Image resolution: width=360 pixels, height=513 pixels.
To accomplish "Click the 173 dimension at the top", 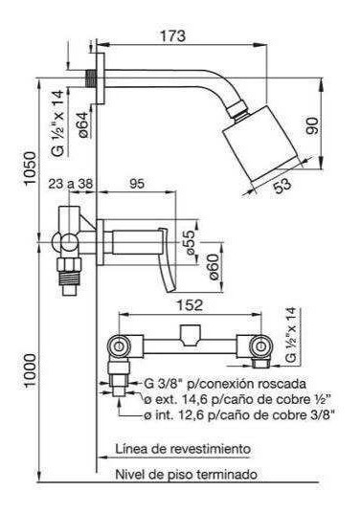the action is [x=172, y=35].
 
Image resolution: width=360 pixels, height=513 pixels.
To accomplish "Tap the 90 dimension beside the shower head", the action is [x=312, y=125].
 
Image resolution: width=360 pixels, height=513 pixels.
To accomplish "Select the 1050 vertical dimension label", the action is [x=31, y=167].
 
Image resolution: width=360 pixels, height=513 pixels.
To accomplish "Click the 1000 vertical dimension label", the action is [x=31, y=370].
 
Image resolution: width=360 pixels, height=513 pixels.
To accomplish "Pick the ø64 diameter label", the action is [x=83, y=123].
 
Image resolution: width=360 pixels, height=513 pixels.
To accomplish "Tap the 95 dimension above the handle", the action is [x=137, y=184].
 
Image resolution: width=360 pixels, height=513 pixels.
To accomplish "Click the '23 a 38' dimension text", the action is [x=71, y=184].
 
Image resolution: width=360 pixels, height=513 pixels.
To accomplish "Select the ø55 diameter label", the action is [x=190, y=242].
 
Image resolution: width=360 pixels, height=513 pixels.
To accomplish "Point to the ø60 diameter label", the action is [x=214, y=267].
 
